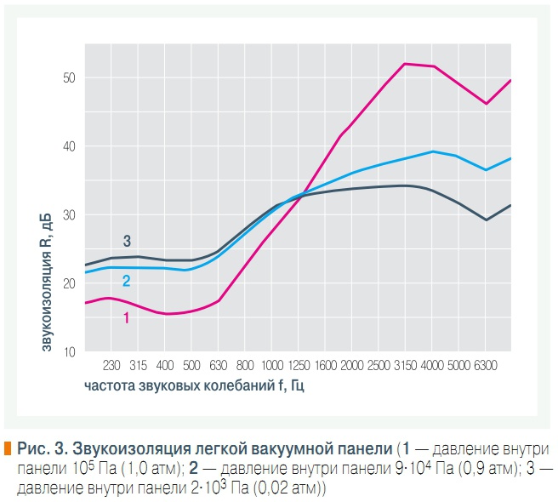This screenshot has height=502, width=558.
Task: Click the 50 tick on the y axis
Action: point(67,78)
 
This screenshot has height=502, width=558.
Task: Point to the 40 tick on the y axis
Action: point(67,146)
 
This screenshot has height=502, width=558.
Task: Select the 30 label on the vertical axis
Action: point(67,215)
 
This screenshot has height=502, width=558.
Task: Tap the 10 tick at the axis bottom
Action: point(67,351)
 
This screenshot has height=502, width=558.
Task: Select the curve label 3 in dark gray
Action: point(127,242)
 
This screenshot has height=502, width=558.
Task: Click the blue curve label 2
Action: point(126,282)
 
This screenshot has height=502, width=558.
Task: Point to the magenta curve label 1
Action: point(126,317)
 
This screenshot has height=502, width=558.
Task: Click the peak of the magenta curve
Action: point(406,63)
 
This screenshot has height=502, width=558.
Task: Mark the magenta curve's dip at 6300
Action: point(486,104)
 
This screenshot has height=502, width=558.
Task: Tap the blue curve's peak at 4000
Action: point(433,151)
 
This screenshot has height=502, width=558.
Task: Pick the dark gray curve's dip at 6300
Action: point(486,220)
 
